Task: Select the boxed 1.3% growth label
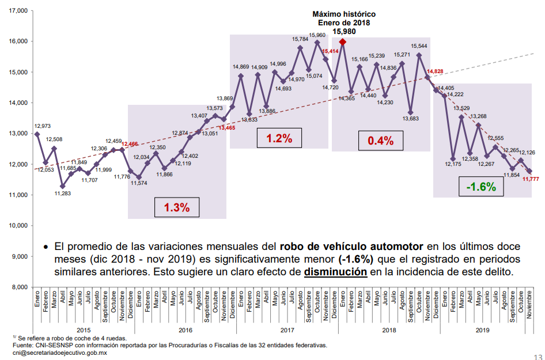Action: click(177, 207)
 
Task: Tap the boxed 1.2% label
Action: click(279, 138)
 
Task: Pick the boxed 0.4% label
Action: click(380, 140)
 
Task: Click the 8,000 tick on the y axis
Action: click(18, 287)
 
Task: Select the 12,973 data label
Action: click(42, 126)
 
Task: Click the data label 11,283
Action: click(62, 193)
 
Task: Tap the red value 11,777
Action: click(530, 179)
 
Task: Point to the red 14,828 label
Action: click(435, 71)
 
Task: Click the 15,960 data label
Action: click(317, 35)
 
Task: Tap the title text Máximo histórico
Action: click(344, 13)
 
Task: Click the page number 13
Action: click(538, 356)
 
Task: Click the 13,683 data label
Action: click(411, 119)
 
